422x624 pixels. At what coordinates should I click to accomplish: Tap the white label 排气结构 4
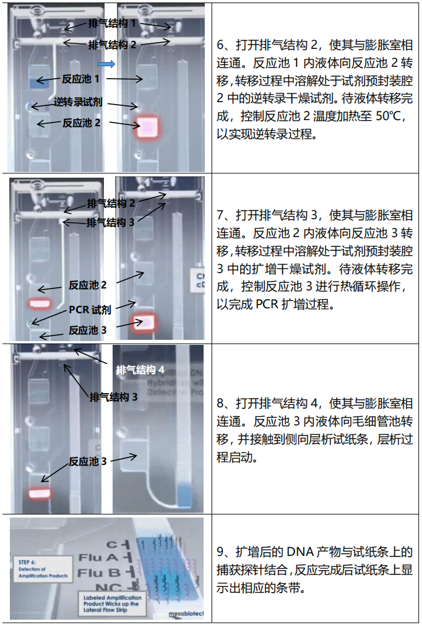[140, 370]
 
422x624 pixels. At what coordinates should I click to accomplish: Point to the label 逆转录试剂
[78, 102]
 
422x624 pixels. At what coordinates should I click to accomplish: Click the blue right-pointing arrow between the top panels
[107, 64]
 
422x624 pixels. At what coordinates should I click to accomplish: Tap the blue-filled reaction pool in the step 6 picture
[43, 82]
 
